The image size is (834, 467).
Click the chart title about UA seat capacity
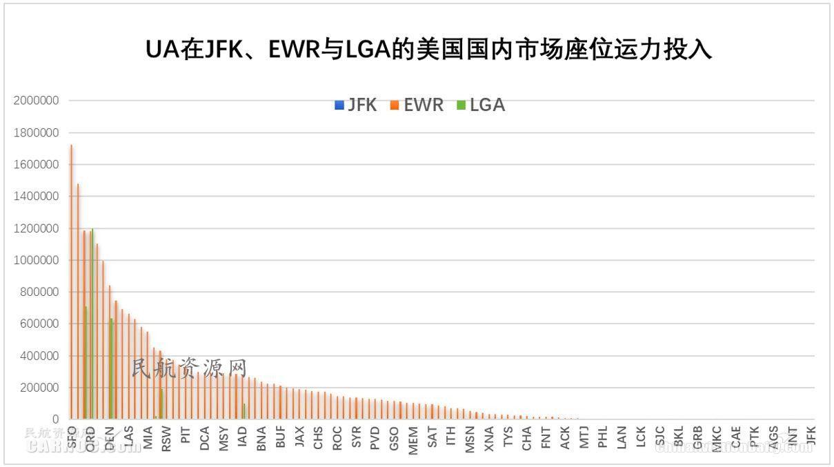point(428,50)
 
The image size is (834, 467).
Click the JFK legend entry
point(355,105)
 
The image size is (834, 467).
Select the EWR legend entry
point(417,105)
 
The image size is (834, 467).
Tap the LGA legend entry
point(481,105)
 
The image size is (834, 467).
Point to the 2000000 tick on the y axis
point(36,101)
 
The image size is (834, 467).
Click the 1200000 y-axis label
point(36,228)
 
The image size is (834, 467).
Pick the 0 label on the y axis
point(54,419)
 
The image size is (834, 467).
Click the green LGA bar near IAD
point(244,411)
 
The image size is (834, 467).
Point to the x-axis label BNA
point(261,438)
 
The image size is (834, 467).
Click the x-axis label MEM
point(413,439)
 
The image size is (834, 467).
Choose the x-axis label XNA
point(488,438)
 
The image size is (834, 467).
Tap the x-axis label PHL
point(602,438)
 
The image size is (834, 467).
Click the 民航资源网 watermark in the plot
point(188,368)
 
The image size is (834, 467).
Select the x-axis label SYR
point(356,438)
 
